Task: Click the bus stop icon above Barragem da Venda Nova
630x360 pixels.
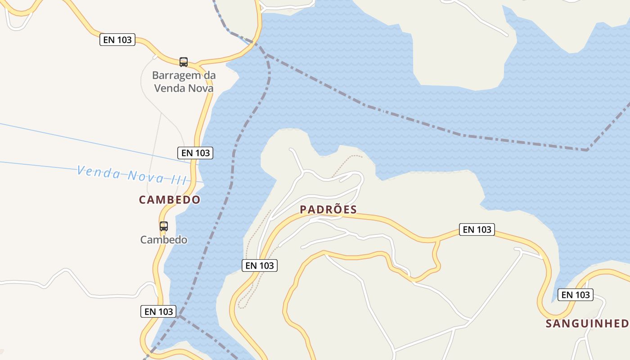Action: pos(183,62)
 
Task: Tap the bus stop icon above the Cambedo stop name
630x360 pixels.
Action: pos(164,226)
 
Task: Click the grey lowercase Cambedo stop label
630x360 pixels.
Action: pos(164,240)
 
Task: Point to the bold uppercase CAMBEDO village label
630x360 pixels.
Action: pos(170,200)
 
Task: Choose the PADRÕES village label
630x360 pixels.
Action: pos(328,210)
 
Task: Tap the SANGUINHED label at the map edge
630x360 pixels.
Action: pos(587,324)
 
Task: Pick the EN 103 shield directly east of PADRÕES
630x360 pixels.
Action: pos(477,229)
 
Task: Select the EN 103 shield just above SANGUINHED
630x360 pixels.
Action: pos(576,295)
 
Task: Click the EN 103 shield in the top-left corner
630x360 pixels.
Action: pos(117,40)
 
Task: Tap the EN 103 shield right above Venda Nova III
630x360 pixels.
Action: pos(195,153)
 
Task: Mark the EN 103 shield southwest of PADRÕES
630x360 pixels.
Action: pos(260,265)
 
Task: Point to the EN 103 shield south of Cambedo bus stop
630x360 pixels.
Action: pos(158,311)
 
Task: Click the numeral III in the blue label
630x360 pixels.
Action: pos(179,179)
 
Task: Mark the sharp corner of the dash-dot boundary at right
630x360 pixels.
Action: pos(587,150)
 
